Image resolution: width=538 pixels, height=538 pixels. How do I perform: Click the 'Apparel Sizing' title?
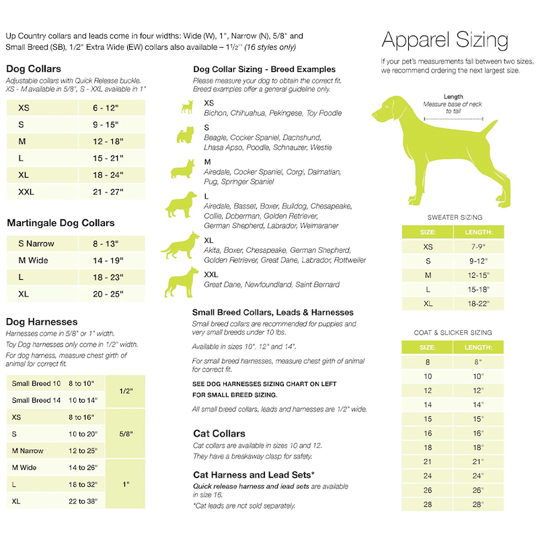tap(445, 40)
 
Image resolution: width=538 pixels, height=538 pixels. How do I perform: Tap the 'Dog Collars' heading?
tap(34, 69)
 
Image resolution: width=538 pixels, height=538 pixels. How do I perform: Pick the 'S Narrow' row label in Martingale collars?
tap(36, 243)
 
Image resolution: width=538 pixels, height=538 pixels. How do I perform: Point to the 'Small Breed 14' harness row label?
tap(36, 400)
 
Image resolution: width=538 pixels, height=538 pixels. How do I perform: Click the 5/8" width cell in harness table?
tap(124, 434)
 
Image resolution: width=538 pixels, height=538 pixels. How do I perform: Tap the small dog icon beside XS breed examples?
tap(186, 106)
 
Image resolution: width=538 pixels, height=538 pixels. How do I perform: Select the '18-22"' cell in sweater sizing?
tap(479, 303)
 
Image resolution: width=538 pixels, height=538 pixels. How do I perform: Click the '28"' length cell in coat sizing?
tap(479, 504)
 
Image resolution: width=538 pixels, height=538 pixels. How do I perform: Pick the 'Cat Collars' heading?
tap(219, 434)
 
